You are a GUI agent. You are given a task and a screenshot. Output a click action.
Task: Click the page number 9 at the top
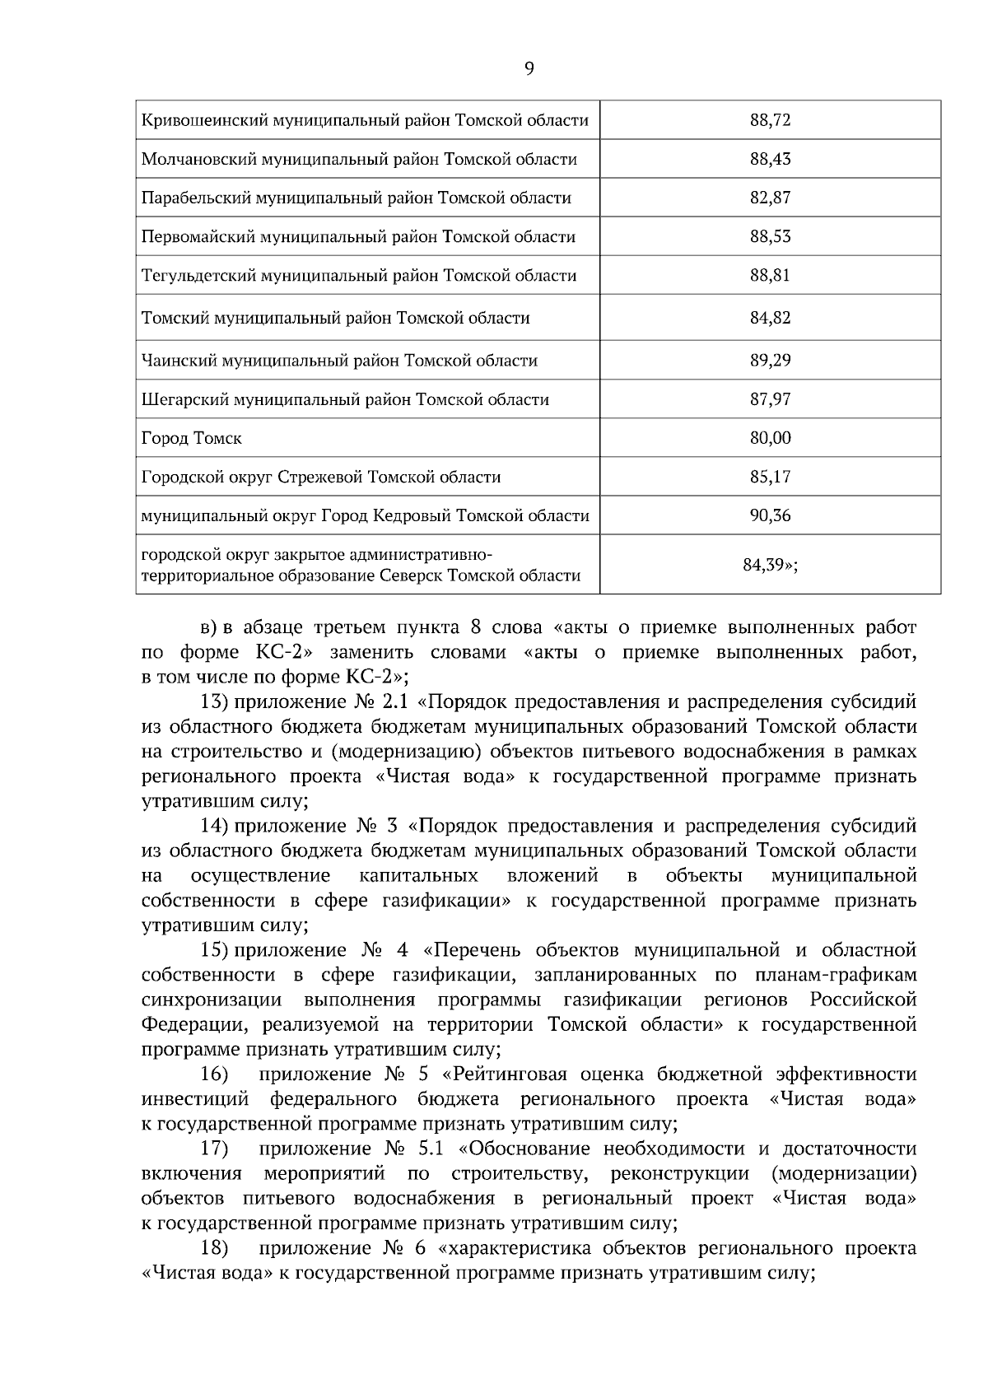pyautogui.click(x=529, y=68)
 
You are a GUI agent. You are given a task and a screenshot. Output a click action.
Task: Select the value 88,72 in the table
pyautogui.click(x=770, y=120)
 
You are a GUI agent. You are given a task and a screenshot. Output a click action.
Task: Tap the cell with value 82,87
pyautogui.click(x=770, y=198)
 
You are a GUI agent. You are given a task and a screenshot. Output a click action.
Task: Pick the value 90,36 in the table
pyautogui.click(x=770, y=515)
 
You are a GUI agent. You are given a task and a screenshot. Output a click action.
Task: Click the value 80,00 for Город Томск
pyautogui.click(x=770, y=438)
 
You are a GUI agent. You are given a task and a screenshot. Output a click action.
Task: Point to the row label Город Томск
pyautogui.click(x=192, y=438)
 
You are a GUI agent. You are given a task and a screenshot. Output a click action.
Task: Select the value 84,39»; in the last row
pyautogui.click(x=770, y=565)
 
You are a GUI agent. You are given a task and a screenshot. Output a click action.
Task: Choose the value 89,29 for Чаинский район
pyautogui.click(x=770, y=361)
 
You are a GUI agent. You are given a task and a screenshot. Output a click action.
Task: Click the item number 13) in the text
pyautogui.click(x=215, y=702)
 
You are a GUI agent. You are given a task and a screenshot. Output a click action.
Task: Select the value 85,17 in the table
pyautogui.click(x=770, y=477)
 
